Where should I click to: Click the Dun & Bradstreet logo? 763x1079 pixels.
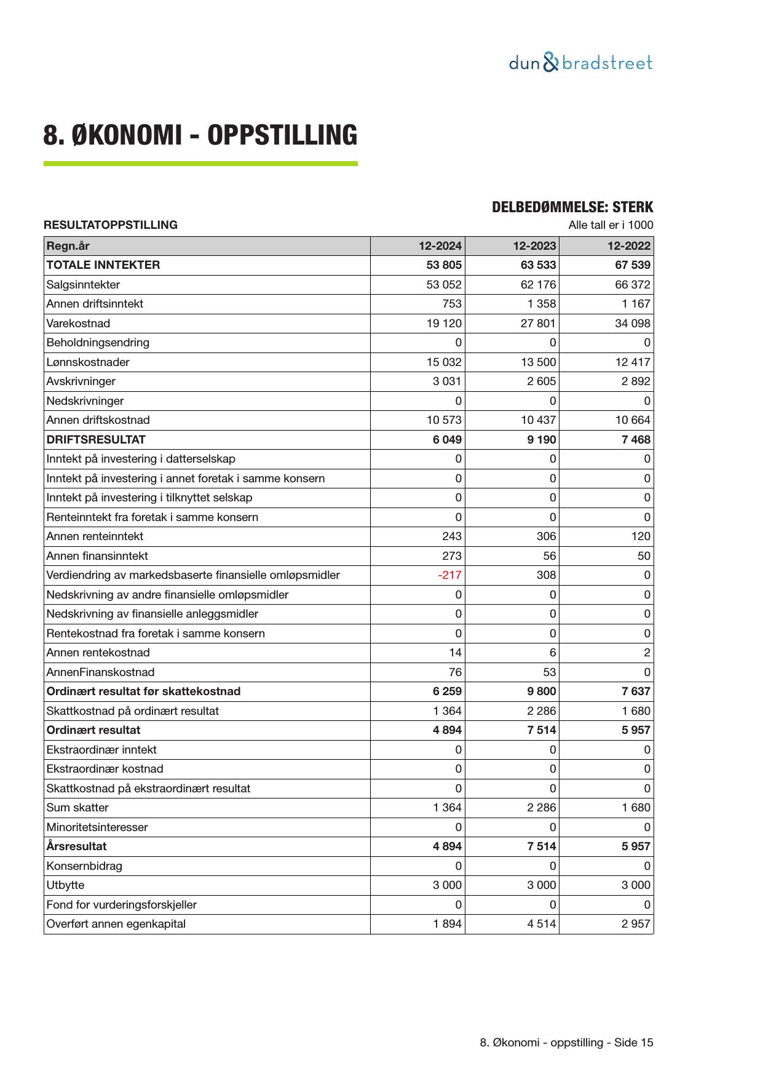(x=580, y=63)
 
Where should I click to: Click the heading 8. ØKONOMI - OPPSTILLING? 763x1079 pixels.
(x=200, y=135)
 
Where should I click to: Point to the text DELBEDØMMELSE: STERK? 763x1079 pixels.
(x=572, y=207)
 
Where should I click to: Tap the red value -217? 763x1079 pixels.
(x=449, y=575)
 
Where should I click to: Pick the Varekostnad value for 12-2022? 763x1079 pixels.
(x=632, y=324)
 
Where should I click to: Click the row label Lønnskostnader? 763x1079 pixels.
(x=88, y=362)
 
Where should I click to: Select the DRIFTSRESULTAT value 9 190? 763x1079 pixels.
(x=541, y=440)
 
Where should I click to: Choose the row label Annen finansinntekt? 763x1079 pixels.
(x=97, y=556)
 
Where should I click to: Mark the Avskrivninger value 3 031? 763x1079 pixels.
(x=447, y=381)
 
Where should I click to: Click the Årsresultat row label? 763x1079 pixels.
(x=76, y=846)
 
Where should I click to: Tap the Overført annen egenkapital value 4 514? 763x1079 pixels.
(x=541, y=924)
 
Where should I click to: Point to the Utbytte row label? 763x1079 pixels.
(x=65, y=885)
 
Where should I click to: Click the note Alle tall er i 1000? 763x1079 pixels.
(x=611, y=225)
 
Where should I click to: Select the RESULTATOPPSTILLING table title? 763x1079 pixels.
(x=111, y=225)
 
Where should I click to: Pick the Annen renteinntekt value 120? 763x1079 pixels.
(x=640, y=536)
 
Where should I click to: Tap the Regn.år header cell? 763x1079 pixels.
(x=68, y=246)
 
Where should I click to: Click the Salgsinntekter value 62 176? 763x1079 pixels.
(x=538, y=285)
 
